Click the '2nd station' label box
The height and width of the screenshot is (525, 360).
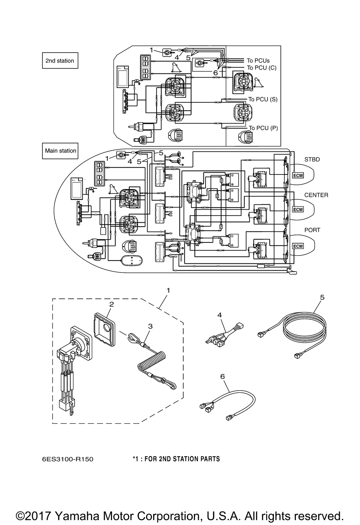coord(60,61)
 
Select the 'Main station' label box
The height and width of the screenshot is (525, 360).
coord(60,151)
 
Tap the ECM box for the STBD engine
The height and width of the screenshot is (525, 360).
coord(298,175)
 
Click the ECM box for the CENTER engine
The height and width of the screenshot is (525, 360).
coord(298,209)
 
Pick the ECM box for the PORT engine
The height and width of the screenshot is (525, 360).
coord(298,246)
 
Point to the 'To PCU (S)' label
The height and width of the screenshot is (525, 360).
coord(263,99)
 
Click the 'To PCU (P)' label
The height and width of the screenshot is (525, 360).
coord(263,128)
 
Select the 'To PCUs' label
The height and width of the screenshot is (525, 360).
coord(258,61)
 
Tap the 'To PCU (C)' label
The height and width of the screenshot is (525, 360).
coord(262,68)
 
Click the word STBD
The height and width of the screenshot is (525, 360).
coord(312,159)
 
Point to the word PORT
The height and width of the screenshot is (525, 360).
coord(312,230)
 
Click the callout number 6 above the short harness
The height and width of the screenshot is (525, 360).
coord(222,377)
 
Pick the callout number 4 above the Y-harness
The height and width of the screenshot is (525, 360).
coord(220,315)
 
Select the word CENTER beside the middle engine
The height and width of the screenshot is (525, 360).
coord(316,195)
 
